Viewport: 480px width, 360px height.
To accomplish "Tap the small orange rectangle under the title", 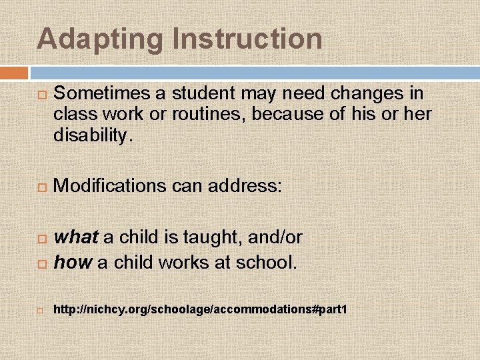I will [x=14, y=73].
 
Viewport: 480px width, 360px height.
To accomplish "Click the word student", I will [x=197, y=93].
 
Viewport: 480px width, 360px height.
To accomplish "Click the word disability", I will [x=92, y=136].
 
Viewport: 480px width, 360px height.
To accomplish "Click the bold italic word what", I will [x=76, y=237].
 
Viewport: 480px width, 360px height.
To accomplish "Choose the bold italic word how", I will [x=72, y=263].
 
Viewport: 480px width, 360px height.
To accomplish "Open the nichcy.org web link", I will [x=200, y=310].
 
